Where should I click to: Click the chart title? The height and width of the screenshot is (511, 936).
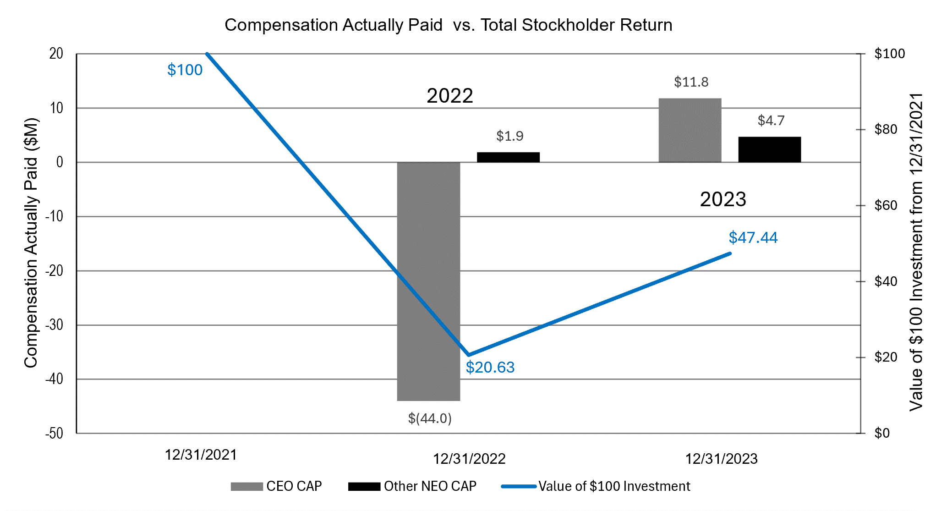[448, 25]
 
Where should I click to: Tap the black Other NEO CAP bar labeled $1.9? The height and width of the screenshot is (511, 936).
[508, 157]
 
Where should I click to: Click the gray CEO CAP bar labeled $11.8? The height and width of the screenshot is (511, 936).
[690, 130]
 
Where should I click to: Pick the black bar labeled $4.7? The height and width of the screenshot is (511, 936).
[769, 149]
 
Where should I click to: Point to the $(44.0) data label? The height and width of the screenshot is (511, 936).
[430, 418]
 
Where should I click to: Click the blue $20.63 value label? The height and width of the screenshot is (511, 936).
[490, 367]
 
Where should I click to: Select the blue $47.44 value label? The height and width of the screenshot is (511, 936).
[753, 237]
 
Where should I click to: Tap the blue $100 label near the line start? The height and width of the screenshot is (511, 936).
[185, 70]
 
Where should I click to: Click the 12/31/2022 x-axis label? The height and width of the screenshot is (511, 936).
[469, 459]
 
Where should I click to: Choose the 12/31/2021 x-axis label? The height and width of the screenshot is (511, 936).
[201, 455]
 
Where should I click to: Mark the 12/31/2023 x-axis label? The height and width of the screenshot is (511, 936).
[721, 459]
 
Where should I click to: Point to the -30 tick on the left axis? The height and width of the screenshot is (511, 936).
[54, 325]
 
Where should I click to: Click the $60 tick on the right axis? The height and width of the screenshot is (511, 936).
[885, 205]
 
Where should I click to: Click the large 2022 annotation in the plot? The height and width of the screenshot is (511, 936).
[449, 96]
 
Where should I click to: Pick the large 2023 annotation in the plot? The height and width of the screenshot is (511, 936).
[723, 199]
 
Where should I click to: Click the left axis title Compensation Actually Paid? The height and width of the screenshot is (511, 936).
[31, 243]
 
